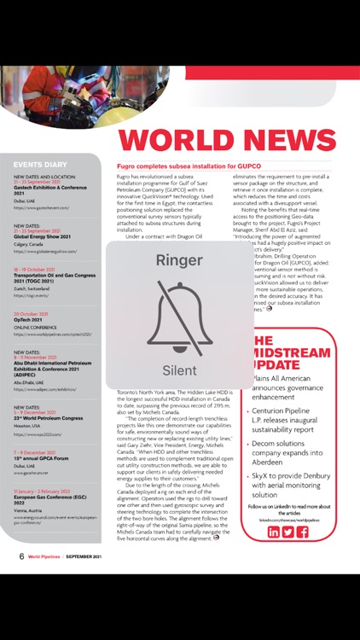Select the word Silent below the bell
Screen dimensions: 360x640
pos(179,369)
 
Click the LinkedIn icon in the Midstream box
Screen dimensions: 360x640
pos(273,532)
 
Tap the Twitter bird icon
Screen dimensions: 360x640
pos(287,532)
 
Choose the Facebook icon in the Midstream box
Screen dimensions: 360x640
pos(302,532)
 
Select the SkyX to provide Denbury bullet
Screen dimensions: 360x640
pos(294,483)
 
